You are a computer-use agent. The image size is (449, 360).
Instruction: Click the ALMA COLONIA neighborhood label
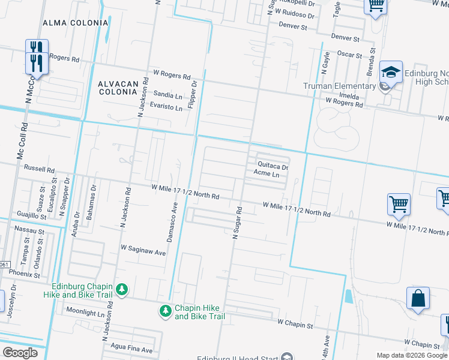pyautogui.click(x=75, y=23)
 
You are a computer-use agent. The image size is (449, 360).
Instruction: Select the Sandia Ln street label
pyautogui.click(x=168, y=95)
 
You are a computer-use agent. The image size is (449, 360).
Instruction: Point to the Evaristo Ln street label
pyautogui.click(x=166, y=107)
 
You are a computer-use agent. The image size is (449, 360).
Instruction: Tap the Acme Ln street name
pyautogui.click(x=267, y=174)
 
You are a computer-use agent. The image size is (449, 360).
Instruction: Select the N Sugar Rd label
pyautogui.click(x=236, y=223)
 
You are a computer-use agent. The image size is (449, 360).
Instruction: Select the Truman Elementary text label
pyautogui.click(x=339, y=86)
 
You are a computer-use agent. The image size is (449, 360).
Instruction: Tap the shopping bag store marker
pyautogui.click(x=418, y=298)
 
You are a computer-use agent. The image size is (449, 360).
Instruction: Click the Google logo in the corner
pyautogui.click(x=20, y=352)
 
